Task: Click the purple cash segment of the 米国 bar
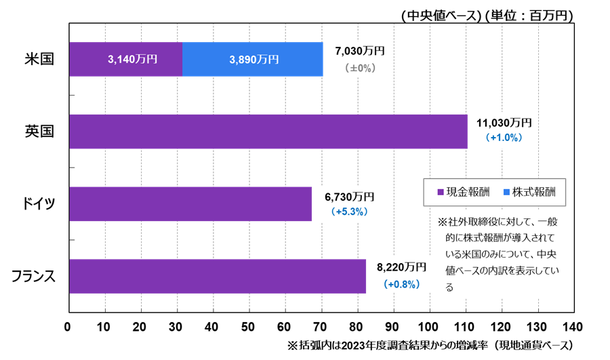(125, 59)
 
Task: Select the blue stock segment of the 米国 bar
(253, 59)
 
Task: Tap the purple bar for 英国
(268, 132)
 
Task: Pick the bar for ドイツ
(190, 204)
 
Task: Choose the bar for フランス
(217, 276)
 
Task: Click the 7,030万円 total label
(360, 51)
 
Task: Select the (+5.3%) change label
(349, 212)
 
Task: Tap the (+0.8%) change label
(401, 284)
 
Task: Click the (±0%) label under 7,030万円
(360, 68)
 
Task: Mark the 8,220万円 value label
(401, 267)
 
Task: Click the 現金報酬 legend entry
(464, 192)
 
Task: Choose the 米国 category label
(39, 59)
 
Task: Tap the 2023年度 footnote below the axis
(430, 345)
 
